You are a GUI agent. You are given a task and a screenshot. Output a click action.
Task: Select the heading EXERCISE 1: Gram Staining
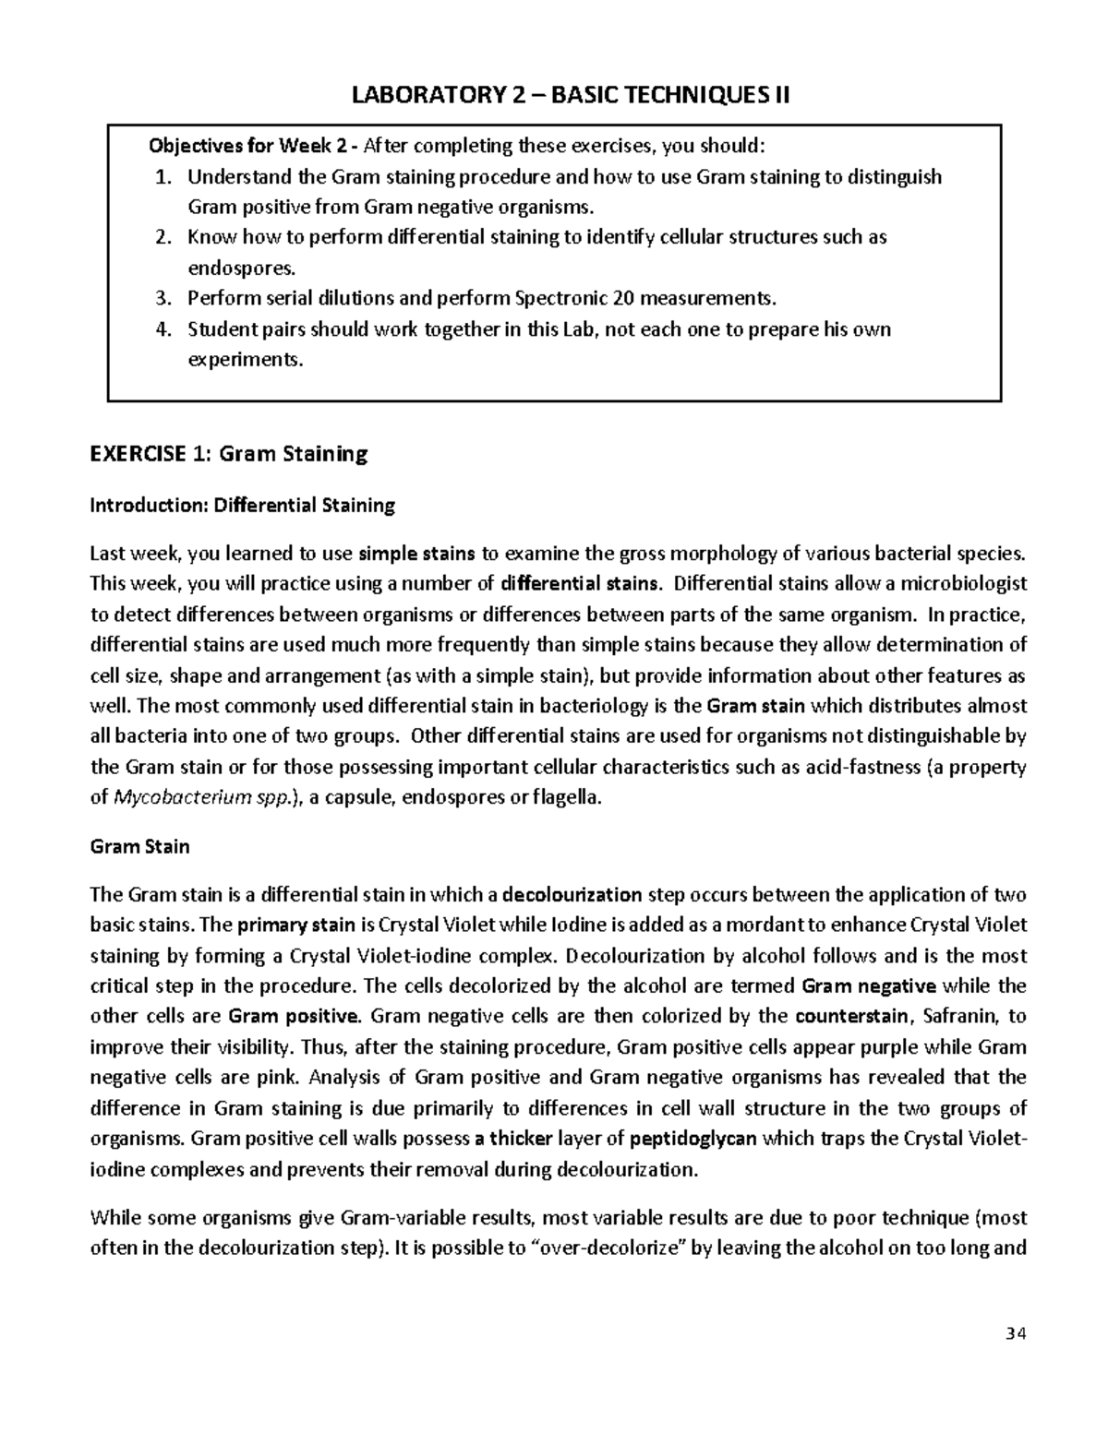(x=228, y=453)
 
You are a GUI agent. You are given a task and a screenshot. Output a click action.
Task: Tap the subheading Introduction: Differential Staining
(x=242, y=505)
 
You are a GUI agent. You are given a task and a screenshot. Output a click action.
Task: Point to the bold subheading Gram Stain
(x=139, y=846)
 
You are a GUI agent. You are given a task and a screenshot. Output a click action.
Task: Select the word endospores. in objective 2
(x=243, y=268)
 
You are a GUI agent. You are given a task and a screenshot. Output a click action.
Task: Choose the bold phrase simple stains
(x=416, y=554)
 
